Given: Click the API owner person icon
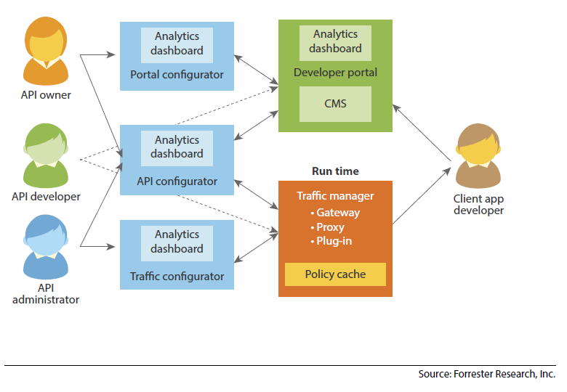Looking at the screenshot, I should click(x=45, y=51).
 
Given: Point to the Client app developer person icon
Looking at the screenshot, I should click(x=478, y=156).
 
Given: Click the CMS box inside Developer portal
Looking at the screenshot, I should click(x=335, y=104).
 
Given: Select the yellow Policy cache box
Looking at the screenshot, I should click(x=335, y=274).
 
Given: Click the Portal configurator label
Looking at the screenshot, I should click(x=177, y=75).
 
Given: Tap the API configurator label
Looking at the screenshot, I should click(x=177, y=181).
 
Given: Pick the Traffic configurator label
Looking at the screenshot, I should click(x=177, y=277).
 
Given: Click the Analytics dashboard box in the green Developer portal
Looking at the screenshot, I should click(x=335, y=41).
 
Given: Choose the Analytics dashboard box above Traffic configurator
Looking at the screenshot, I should click(x=177, y=242).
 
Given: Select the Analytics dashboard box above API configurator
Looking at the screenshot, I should click(x=177, y=147).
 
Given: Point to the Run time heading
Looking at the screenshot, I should click(x=335, y=171).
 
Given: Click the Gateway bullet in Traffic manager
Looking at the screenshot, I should click(x=335, y=213).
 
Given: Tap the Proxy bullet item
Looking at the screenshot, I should click(x=330, y=227).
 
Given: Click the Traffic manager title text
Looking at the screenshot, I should click(x=335, y=196).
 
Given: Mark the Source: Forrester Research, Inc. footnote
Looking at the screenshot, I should click(x=486, y=375).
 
